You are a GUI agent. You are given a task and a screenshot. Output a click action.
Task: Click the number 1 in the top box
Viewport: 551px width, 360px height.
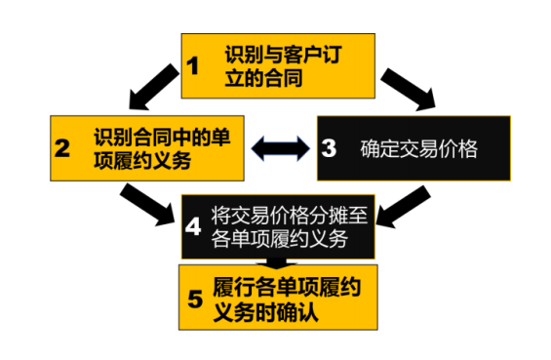pyautogui.click(x=193, y=65)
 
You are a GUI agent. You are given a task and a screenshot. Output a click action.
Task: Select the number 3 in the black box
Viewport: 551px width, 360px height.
pyautogui.click(x=329, y=148)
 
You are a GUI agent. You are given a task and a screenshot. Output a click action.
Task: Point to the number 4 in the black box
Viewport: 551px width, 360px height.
pyautogui.click(x=193, y=226)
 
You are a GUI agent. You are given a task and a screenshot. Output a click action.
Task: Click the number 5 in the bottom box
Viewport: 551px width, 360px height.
pyautogui.click(x=194, y=297)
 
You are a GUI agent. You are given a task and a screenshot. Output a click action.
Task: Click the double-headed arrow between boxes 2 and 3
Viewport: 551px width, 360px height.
pyautogui.click(x=280, y=148)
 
